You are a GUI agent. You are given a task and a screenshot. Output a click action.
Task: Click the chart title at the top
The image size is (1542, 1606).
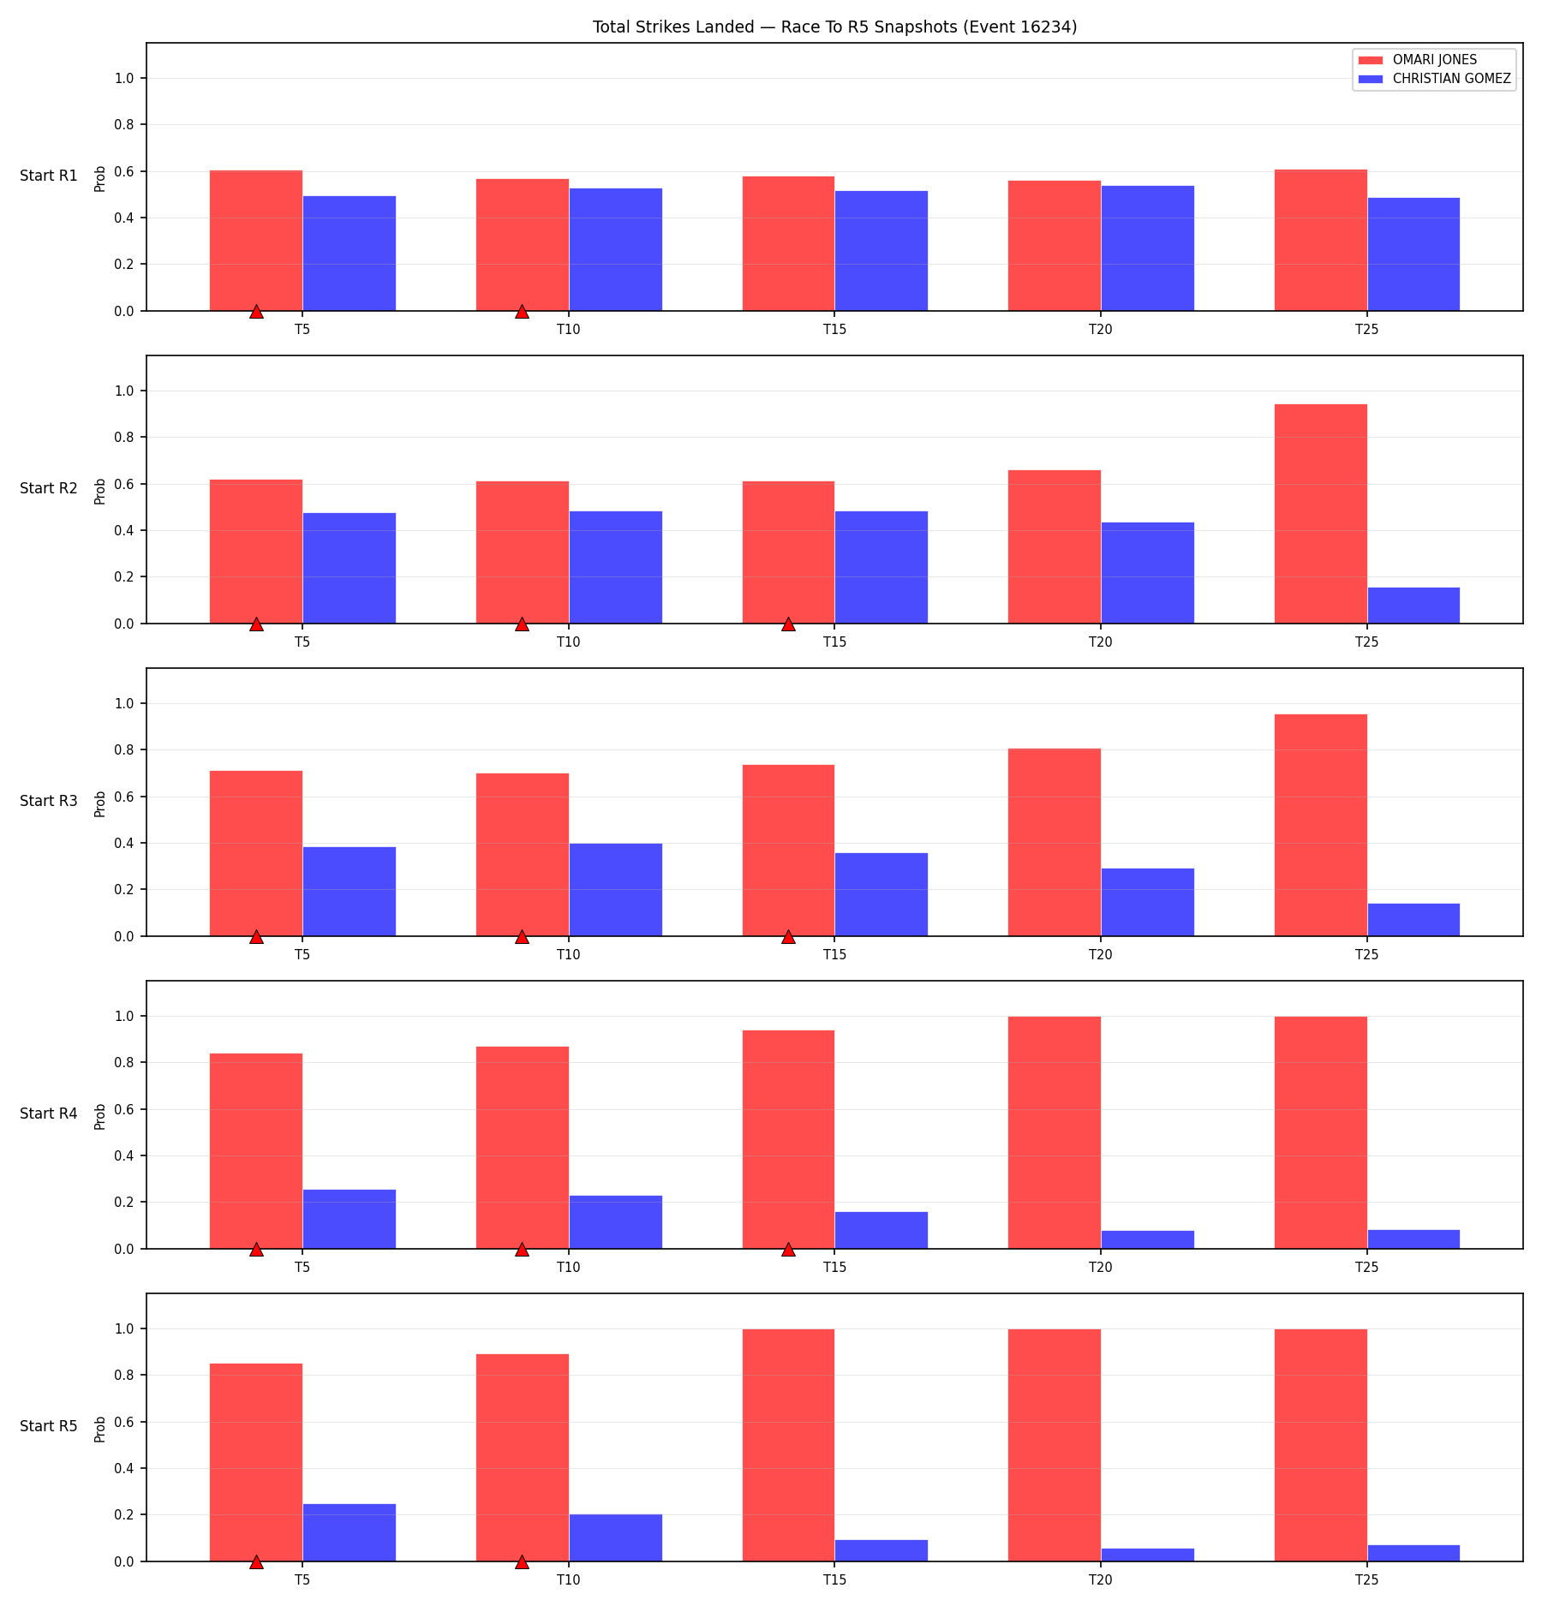coord(834,27)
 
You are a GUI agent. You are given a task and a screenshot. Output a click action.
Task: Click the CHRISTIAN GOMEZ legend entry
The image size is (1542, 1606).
coord(1435,79)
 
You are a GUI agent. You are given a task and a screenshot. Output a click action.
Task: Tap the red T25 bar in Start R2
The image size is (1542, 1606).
coord(1320,514)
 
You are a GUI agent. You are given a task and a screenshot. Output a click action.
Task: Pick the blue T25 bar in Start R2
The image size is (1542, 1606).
coord(1413,606)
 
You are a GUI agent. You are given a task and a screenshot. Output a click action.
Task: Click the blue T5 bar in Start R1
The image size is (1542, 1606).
coord(350,254)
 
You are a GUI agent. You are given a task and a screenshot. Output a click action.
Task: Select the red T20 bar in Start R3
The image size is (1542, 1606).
coord(1055,842)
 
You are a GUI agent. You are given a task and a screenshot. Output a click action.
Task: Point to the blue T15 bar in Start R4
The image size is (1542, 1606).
coord(882,1230)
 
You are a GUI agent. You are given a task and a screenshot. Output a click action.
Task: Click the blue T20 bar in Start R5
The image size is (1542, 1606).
coord(1148,1555)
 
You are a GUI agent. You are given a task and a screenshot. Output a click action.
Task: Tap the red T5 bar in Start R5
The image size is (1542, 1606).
coord(256,1462)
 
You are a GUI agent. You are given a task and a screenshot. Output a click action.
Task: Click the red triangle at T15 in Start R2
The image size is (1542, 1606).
coord(788,624)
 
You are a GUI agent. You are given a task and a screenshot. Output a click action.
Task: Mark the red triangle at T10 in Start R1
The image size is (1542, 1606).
coord(522,311)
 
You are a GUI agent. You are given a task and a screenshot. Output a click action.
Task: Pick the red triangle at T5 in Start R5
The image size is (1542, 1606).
coord(256,1561)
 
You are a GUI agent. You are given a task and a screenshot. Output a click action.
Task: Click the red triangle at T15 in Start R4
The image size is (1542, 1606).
coord(788,1249)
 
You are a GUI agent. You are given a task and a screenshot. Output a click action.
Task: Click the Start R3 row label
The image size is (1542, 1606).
coord(49,801)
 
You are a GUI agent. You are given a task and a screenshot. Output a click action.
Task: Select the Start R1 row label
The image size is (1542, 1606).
coord(49,176)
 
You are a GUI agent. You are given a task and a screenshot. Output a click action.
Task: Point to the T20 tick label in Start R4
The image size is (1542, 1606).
coord(1101,1267)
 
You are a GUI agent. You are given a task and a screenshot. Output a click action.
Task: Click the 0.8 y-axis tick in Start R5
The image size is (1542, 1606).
coord(125,1376)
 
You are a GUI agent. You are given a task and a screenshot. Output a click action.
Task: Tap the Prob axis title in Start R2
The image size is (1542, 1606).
coord(100,491)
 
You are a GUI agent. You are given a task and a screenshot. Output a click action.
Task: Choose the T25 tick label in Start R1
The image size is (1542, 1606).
coord(1367,329)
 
